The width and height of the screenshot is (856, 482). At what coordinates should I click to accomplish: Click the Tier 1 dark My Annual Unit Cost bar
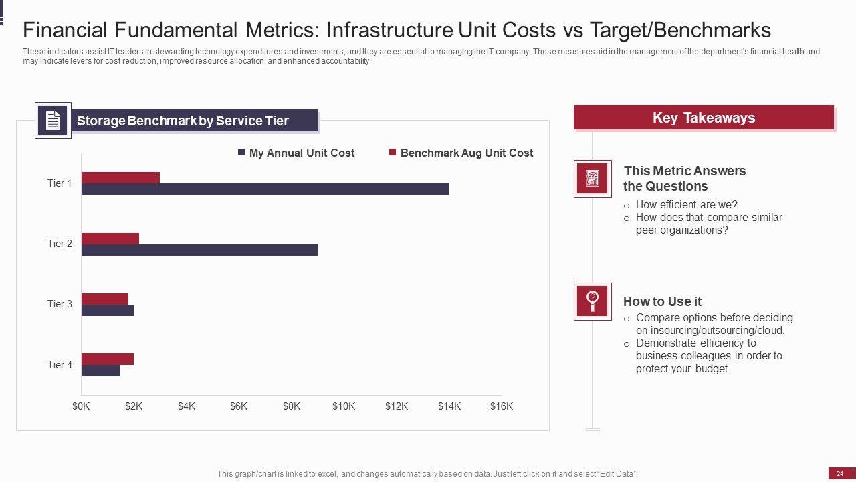[265, 189]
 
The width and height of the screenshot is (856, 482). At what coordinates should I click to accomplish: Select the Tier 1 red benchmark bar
[120, 177]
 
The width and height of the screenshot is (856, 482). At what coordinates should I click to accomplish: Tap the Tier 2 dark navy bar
[199, 250]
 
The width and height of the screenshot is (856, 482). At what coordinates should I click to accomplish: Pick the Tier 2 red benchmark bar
[110, 238]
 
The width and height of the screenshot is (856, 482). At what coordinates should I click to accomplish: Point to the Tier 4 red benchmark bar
[108, 359]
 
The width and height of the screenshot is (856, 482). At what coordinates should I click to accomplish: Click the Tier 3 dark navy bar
[108, 310]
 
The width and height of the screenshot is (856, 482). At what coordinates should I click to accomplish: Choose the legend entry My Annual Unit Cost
[296, 153]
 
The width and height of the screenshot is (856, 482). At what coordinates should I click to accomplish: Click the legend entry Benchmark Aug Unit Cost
[461, 153]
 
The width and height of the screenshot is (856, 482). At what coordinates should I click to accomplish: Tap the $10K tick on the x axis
[344, 406]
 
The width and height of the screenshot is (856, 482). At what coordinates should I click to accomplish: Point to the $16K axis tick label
[502, 406]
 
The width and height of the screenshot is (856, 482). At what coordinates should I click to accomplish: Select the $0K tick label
[81, 406]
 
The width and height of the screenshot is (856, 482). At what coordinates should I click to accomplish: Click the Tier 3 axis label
[60, 304]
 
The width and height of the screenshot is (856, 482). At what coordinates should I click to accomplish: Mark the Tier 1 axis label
[60, 183]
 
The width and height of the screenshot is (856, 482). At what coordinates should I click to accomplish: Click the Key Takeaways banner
[704, 118]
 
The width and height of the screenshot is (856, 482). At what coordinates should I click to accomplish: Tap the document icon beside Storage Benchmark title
[53, 120]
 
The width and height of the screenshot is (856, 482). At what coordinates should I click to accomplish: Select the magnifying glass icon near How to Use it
[593, 301]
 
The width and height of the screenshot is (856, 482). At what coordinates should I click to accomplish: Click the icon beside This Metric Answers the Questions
[593, 179]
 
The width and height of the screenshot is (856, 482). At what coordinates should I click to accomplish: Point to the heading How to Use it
[662, 301]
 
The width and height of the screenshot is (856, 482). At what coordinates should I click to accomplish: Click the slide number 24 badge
[840, 474]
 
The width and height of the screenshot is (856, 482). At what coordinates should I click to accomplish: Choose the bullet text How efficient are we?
[686, 205]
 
